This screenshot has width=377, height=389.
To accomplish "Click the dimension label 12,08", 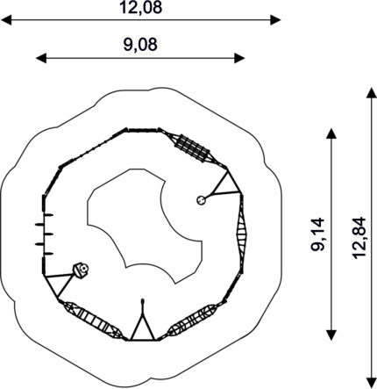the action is pyautogui.click(x=140, y=7).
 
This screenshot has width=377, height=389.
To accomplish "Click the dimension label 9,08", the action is pyautogui.click(x=140, y=45).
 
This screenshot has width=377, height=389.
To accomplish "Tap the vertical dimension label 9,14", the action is pyautogui.click(x=317, y=234).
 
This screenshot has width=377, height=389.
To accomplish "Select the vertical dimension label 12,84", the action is pyautogui.click(x=359, y=237).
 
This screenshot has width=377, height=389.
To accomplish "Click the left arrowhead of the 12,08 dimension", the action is pyautogui.click(x=6, y=20).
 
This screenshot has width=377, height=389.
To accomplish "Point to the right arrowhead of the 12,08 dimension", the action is pyautogui.click(x=275, y=20).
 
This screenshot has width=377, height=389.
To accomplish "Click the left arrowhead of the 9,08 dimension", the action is pyautogui.click(x=41, y=58).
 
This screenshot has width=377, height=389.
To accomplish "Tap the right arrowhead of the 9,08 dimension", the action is pyautogui.click(x=239, y=58).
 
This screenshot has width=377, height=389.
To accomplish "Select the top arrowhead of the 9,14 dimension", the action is pyautogui.click(x=331, y=133).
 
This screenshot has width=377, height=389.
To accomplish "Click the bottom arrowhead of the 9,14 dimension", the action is pyautogui.click(x=331, y=335).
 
